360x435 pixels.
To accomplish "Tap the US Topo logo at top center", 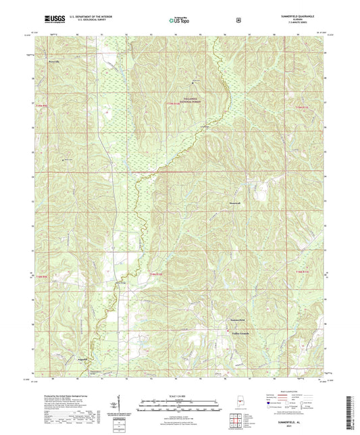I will click(179, 20).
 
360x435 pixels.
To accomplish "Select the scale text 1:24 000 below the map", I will click(179, 395).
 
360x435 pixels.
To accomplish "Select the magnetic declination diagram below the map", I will click(118, 406).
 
